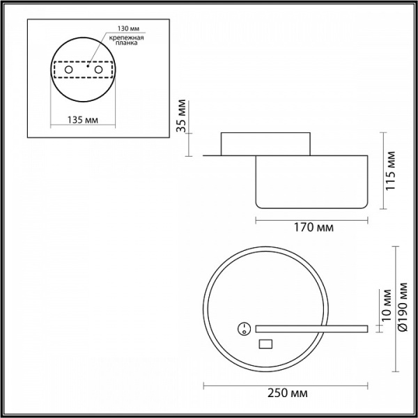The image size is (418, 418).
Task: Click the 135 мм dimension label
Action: [83, 120]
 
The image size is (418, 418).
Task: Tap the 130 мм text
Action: [128, 29]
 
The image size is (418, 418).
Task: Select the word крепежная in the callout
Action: [126, 38]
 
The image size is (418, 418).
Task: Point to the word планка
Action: [126, 43]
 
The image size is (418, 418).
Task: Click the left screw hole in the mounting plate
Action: [68, 70]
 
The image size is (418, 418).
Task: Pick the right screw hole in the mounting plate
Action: [98, 70]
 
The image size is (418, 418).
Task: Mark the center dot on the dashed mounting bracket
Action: [88, 65]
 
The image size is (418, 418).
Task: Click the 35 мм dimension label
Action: [182, 116]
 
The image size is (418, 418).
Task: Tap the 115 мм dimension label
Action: [391, 171]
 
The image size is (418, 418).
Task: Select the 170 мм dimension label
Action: [313, 228]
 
